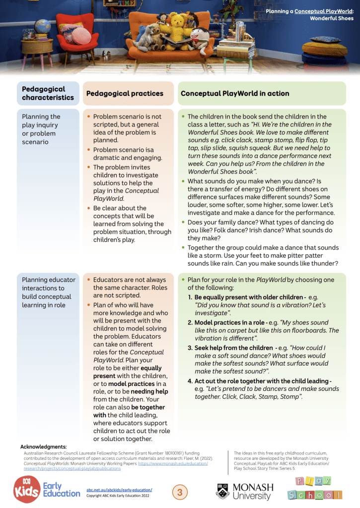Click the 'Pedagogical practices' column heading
(x=125, y=93)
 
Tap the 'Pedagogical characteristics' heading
(x=48, y=93)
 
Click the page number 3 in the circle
(x=180, y=493)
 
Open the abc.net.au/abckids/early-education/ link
(x=119, y=490)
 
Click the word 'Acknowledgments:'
(x=44, y=447)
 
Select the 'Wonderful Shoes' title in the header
(x=332, y=18)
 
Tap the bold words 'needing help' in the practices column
(x=149, y=391)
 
